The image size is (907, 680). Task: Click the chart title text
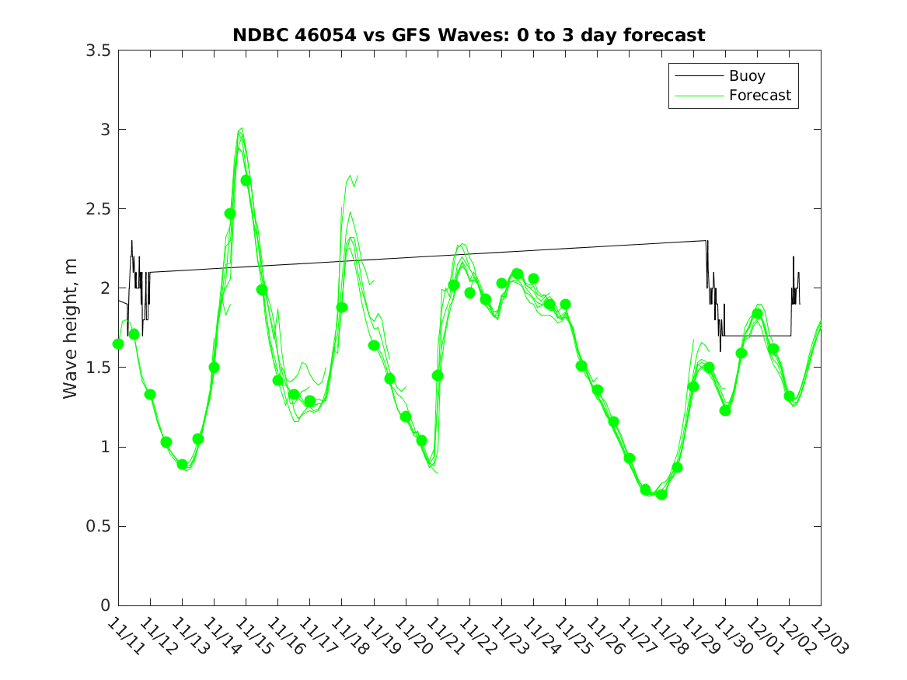coord(469,35)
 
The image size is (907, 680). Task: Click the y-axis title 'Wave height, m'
coord(71,328)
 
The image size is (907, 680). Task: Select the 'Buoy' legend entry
coord(746,76)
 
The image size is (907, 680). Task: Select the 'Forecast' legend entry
coord(759,96)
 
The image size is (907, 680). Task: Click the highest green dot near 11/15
coord(246,180)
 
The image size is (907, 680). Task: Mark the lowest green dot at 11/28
coord(661,494)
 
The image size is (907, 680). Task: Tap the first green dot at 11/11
coord(118,343)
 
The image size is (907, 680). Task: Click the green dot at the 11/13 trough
coord(182,465)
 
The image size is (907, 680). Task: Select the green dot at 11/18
coord(342,307)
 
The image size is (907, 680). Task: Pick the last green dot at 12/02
coord(790,396)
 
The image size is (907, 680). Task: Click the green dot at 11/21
coord(438,375)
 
